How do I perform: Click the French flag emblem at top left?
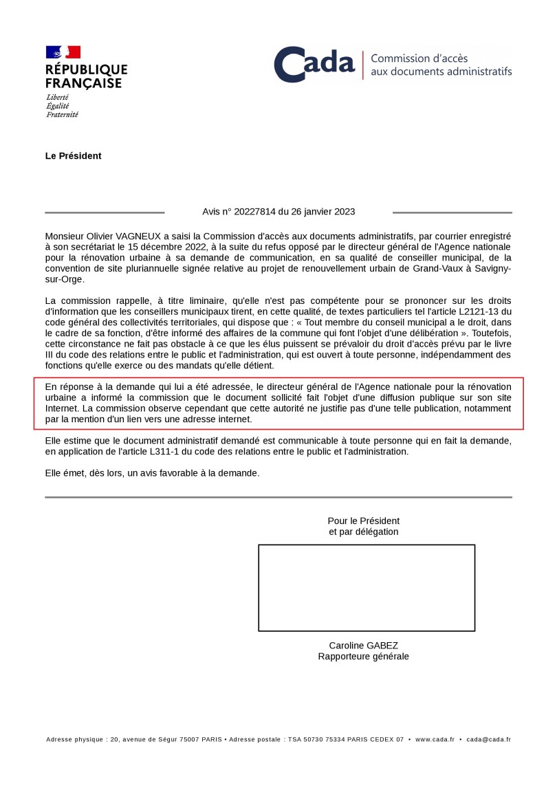[x=63, y=52]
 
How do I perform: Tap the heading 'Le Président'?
[x=74, y=156]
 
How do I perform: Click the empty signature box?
[x=367, y=587]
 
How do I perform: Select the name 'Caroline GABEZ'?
[x=363, y=646]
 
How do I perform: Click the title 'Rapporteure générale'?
[x=363, y=657]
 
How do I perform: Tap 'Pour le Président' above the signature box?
[x=363, y=521]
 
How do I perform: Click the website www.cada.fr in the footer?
[x=435, y=740]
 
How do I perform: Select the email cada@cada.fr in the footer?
[x=488, y=740]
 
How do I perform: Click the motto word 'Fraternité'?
[x=62, y=114]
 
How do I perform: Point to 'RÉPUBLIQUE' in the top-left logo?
[x=87, y=69]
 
